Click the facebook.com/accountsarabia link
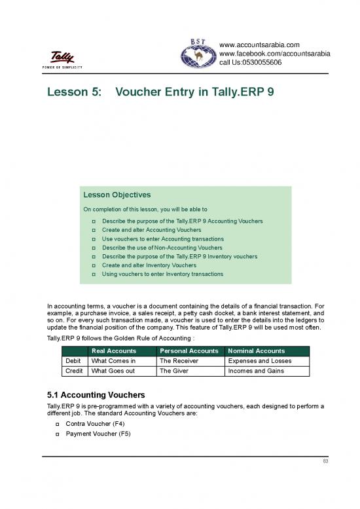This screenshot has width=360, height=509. (274, 54)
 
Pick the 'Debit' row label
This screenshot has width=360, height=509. (73, 360)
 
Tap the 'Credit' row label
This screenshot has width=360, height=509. (73, 370)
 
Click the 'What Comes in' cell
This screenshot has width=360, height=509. (113, 360)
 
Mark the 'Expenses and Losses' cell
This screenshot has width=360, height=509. (259, 360)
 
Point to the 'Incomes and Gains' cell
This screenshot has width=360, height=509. (256, 370)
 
